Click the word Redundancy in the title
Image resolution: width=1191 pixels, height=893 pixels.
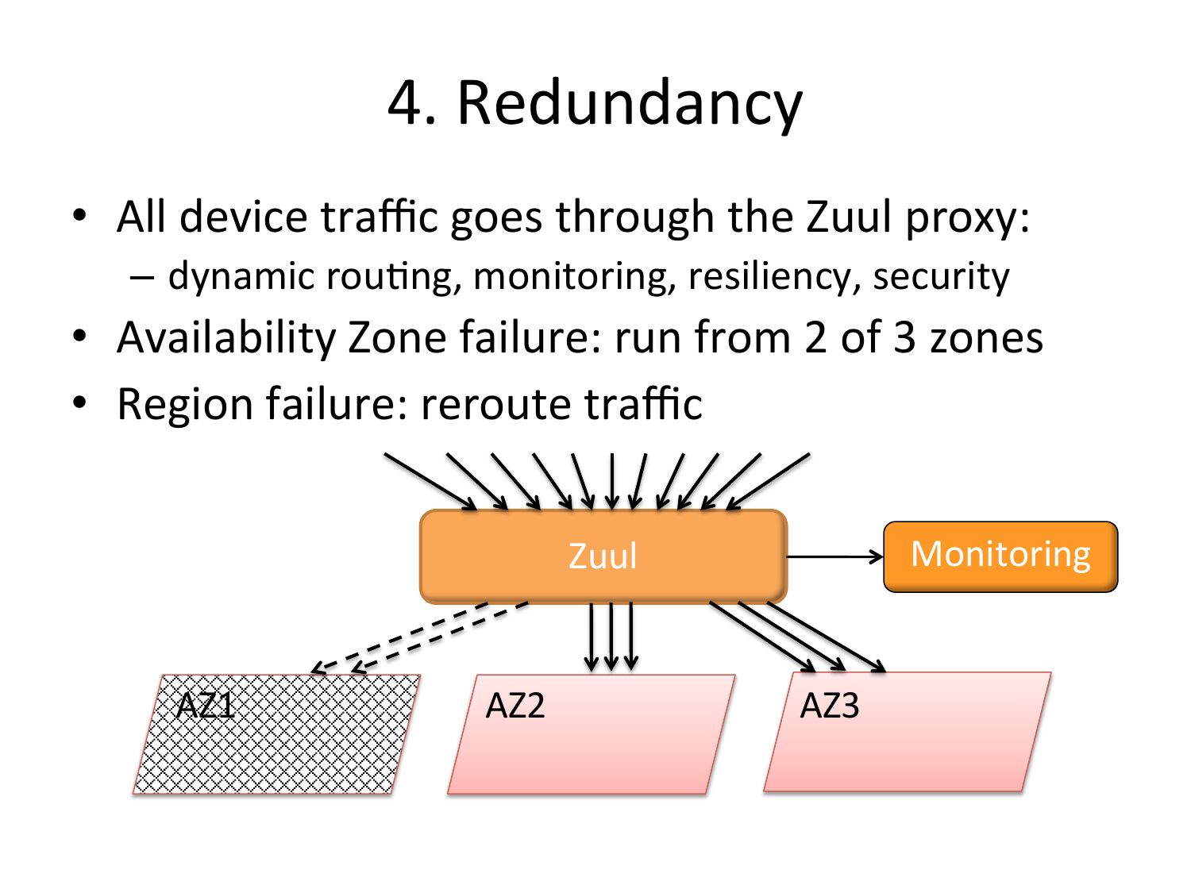[x=629, y=103]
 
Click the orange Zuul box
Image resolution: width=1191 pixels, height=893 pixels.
[x=603, y=556]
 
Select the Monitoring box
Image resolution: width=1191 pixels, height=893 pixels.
[x=1000, y=556]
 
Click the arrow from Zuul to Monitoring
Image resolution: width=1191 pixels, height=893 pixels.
[x=834, y=556]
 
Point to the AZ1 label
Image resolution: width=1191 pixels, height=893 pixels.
[x=206, y=705]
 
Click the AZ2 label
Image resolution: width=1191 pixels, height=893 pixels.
[x=515, y=705]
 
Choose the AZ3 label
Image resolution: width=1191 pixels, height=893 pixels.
[x=830, y=705]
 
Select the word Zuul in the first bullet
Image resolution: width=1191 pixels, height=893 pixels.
[x=849, y=217]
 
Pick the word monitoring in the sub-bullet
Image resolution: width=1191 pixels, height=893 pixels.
[x=574, y=277]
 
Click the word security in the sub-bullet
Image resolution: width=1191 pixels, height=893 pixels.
[x=941, y=277]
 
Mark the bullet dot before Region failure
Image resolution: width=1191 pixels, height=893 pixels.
[x=79, y=402]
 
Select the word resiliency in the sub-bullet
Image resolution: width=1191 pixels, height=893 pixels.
[x=774, y=277]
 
